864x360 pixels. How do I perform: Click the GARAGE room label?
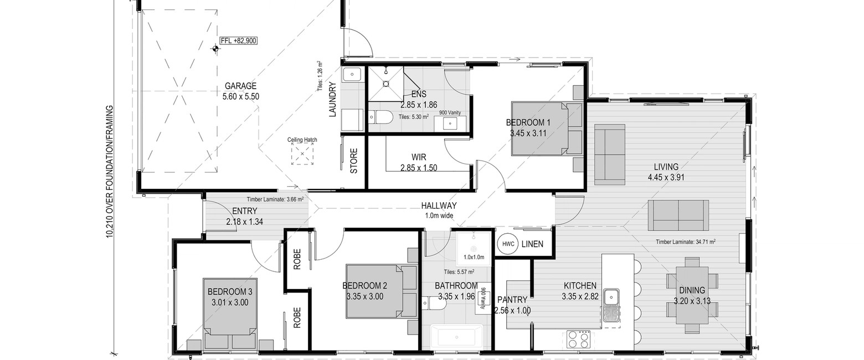[240, 86]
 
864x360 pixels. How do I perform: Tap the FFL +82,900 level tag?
[238, 40]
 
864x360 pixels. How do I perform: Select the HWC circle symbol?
[508, 244]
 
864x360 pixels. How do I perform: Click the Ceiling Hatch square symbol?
[302, 153]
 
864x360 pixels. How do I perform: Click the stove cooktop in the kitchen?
[579, 340]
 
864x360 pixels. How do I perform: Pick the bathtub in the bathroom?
[456, 337]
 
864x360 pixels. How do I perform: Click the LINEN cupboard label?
[532, 244]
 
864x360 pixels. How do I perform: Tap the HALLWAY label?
[439, 205]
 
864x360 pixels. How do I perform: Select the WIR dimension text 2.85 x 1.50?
[419, 168]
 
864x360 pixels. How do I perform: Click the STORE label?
[354, 161]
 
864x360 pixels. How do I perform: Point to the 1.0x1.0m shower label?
[474, 257]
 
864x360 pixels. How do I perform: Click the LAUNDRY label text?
[333, 99]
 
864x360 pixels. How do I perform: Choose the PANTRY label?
[512, 300]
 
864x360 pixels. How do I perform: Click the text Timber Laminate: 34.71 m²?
[686, 242]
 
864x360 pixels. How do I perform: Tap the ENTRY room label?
[245, 211]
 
